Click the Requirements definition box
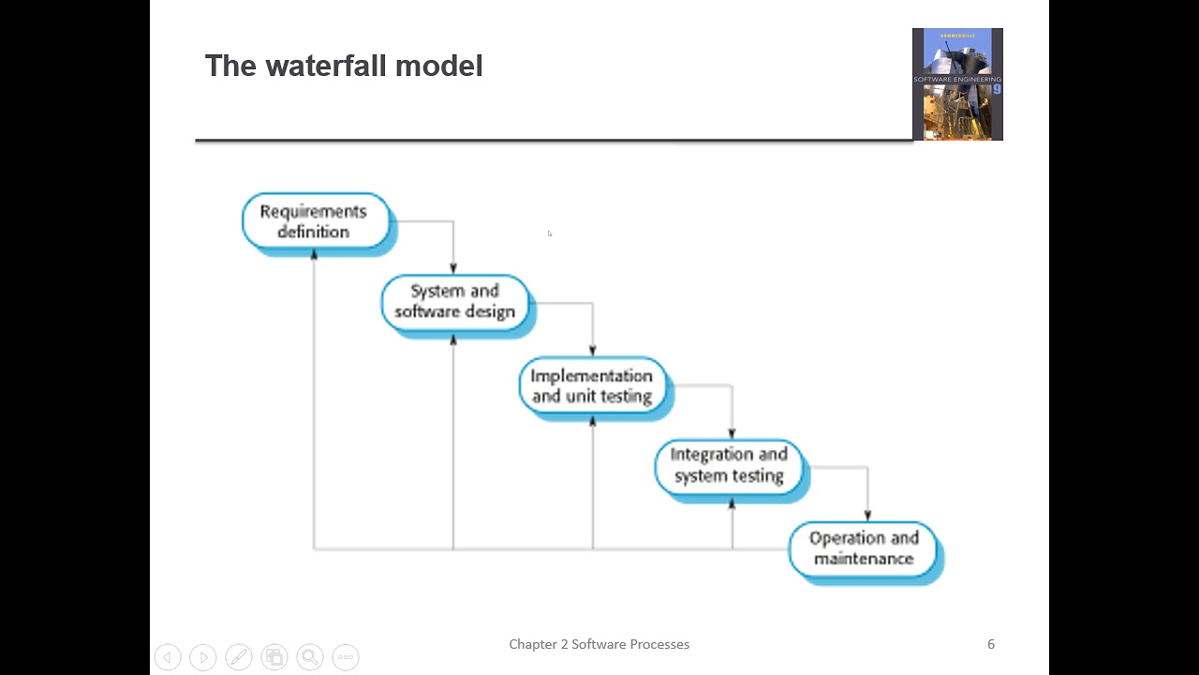tap(313, 221)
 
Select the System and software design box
tap(454, 301)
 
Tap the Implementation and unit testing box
tap(591, 385)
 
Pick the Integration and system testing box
tap(729, 465)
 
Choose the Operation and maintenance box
tap(863, 547)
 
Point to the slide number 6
tap(991, 644)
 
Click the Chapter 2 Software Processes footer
tap(599, 644)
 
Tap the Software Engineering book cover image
tap(957, 84)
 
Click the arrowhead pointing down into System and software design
tap(453, 269)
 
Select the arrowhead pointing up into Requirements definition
tap(314, 254)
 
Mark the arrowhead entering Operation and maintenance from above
tap(867, 516)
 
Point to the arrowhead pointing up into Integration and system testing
tap(732, 503)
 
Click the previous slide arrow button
tap(168, 657)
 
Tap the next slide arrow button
tap(203, 657)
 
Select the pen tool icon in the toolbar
tap(239, 657)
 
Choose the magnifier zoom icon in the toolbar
tap(310, 657)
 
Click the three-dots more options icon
tap(346, 657)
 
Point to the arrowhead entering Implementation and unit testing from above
tap(592, 351)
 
